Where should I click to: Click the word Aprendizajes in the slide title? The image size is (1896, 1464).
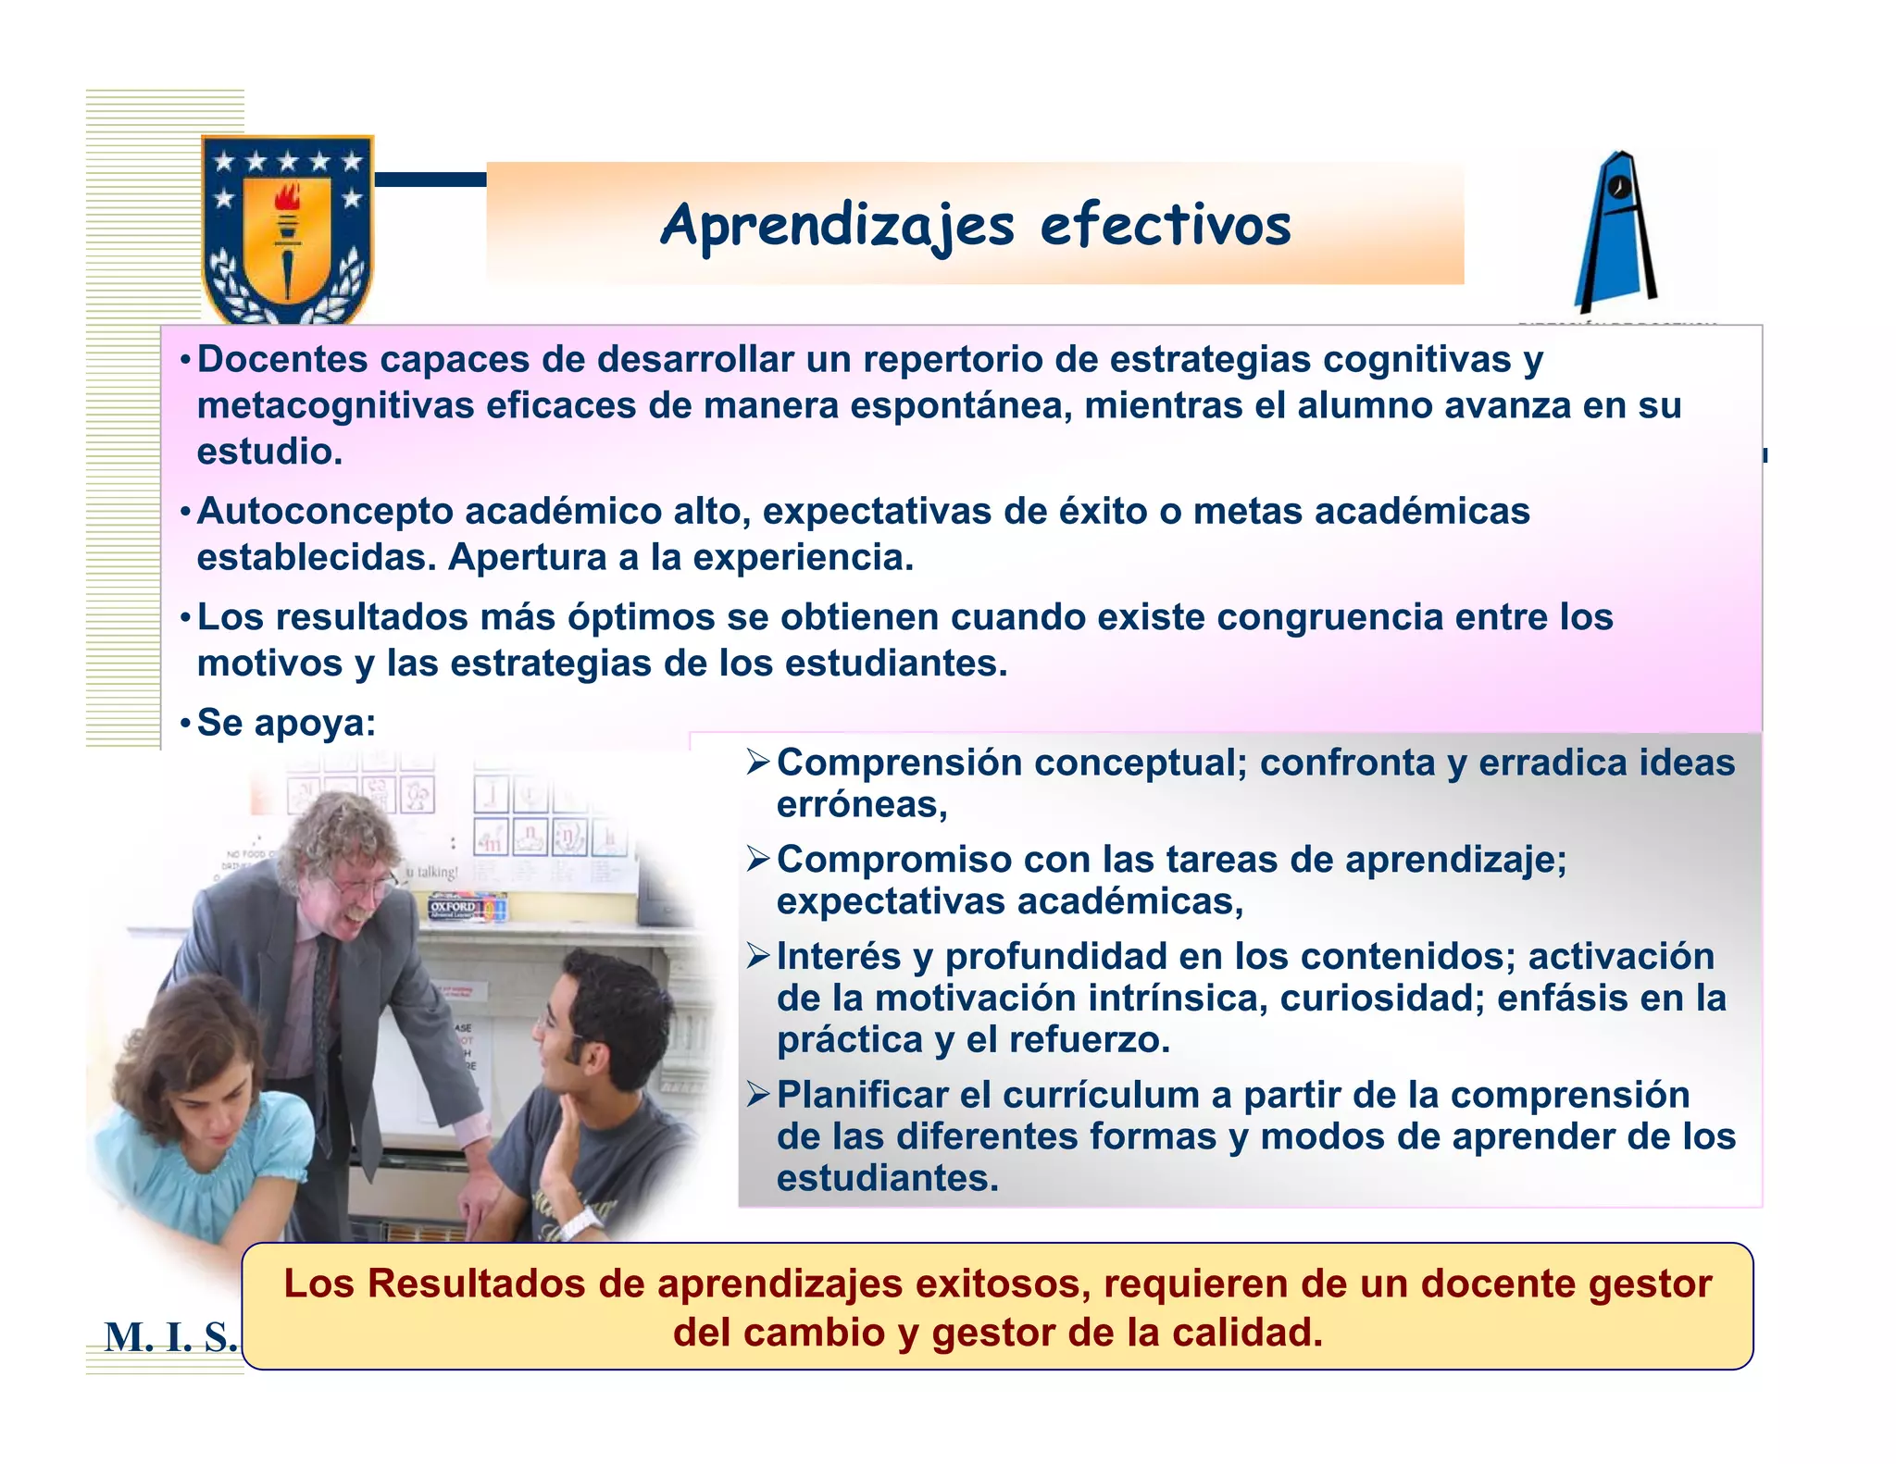coord(837,226)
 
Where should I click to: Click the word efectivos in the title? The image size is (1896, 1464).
coord(1166,226)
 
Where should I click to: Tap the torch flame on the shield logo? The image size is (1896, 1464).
coord(288,196)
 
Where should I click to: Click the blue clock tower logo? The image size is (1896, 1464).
coord(1615,232)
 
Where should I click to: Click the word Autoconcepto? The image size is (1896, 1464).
coord(325,512)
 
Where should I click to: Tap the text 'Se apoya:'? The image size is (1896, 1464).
coord(286,723)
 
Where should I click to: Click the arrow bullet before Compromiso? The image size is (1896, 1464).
coord(758,860)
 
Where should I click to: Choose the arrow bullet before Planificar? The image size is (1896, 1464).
coord(758,1095)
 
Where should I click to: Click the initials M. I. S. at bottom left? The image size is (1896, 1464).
coord(170,1337)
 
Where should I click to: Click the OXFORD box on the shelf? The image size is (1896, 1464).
coord(454,908)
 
